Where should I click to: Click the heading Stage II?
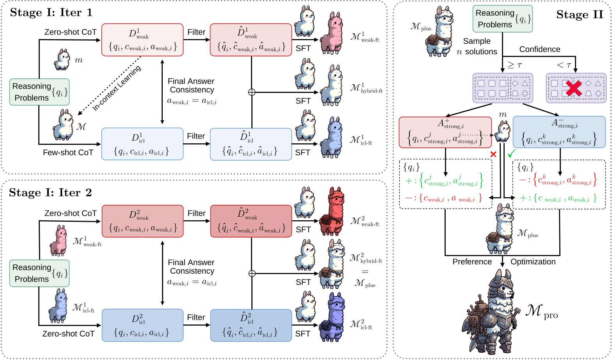(580, 15)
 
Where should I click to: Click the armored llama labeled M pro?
(495, 312)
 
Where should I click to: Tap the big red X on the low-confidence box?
(573, 89)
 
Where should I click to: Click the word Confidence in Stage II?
(539, 49)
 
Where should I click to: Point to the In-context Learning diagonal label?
(116, 88)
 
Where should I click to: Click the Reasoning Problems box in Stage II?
(502, 19)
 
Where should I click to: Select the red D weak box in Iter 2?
(142, 221)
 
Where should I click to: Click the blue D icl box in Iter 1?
(142, 144)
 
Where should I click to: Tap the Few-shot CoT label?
(68, 153)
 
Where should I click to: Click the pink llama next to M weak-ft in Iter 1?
(331, 39)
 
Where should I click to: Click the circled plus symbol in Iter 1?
(252, 92)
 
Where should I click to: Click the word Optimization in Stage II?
(533, 262)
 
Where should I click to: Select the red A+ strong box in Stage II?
(445, 132)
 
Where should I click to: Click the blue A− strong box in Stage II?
(559, 132)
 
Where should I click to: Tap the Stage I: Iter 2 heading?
(50, 193)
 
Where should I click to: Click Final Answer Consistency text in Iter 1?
(191, 86)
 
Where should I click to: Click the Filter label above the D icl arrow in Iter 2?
(196, 317)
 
